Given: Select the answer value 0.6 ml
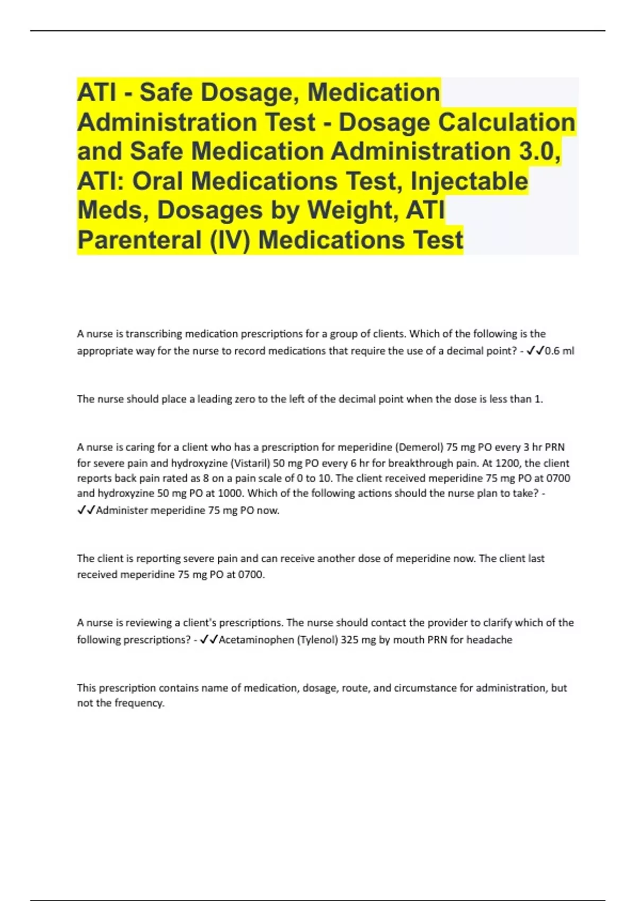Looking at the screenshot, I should tap(559, 351).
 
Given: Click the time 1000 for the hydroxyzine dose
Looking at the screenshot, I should tap(229, 493).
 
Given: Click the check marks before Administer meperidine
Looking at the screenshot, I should tap(86, 510).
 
